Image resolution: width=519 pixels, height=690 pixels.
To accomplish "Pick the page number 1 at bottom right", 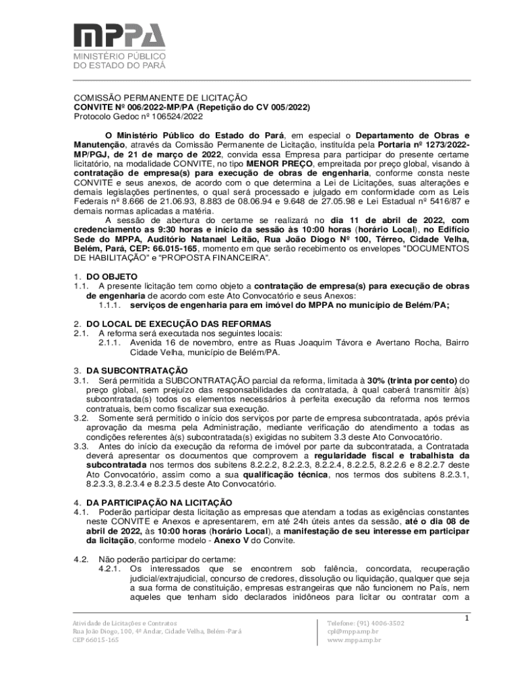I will [x=466, y=617].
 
